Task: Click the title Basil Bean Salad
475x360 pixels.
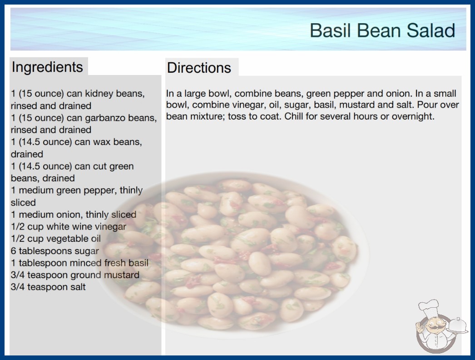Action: [x=382, y=30]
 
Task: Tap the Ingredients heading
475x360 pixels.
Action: [x=47, y=67]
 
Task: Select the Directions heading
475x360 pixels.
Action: [x=199, y=68]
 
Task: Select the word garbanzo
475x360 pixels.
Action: [x=100, y=118]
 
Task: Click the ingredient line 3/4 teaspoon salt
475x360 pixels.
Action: [x=48, y=287]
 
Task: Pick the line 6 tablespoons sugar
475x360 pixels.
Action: [x=55, y=251]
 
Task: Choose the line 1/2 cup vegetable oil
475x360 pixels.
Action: [x=56, y=239]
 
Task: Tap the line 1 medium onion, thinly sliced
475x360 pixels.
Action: [x=74, y=215]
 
